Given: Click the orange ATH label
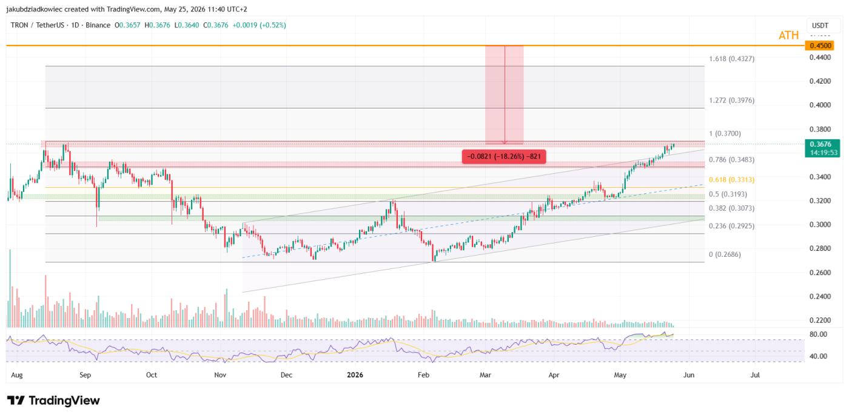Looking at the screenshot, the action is click(788, 35).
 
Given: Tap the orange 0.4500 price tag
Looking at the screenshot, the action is click(820, 46).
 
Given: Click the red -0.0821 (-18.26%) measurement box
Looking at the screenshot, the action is click(504, 156).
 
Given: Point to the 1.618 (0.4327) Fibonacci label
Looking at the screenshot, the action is click(731, 59).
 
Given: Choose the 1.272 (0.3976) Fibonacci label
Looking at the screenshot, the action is click(731, 101).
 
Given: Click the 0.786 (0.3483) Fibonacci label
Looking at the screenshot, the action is click(731, 160).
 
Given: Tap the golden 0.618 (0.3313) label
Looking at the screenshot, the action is click(731, 180).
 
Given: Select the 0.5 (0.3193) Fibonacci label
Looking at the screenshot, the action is click(728, 194).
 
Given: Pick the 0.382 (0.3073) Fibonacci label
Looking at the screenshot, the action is click(731, 208).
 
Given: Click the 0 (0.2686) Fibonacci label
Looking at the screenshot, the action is click(725, 254).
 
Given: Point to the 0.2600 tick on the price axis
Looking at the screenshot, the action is click(820, 273).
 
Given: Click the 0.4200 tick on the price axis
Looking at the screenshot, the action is click(820, 81).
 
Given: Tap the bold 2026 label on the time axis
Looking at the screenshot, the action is click(355, 375).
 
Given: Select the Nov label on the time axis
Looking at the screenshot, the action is click(220, 375).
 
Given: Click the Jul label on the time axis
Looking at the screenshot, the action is click(756, 375).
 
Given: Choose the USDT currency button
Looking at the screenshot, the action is click(820, 25).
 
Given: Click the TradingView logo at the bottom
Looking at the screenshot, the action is click(53, 400).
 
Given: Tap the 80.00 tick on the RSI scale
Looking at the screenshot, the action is click(818, 334).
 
